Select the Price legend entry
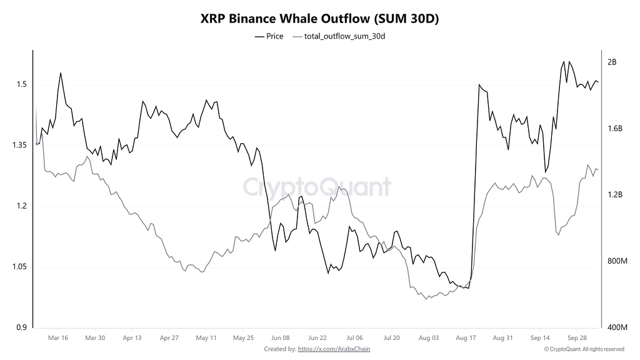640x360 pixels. click(269, 36)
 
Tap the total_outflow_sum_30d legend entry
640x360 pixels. click(339, 36)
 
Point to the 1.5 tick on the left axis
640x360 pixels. click(22, 84)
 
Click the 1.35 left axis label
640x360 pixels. click(20, 145)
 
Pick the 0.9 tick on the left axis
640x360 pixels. click(22, 327)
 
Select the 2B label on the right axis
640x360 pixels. click(612, 62)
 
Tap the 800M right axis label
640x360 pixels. click(617, 261)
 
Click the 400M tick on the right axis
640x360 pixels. click(617, 327)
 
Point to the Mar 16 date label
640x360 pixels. click(58, 338)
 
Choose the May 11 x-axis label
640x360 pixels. click(206, 338)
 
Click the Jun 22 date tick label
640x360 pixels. click(317, 338)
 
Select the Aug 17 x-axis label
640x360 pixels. click(466, 338)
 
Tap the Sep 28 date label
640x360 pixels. click(577, 338)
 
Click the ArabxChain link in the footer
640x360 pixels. click(334, 349)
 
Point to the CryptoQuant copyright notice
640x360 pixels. click(584, 349)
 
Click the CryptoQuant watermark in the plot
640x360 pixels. click(317, 187)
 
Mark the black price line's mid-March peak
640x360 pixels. click(61, 73)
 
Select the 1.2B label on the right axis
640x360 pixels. click(615, 195)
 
